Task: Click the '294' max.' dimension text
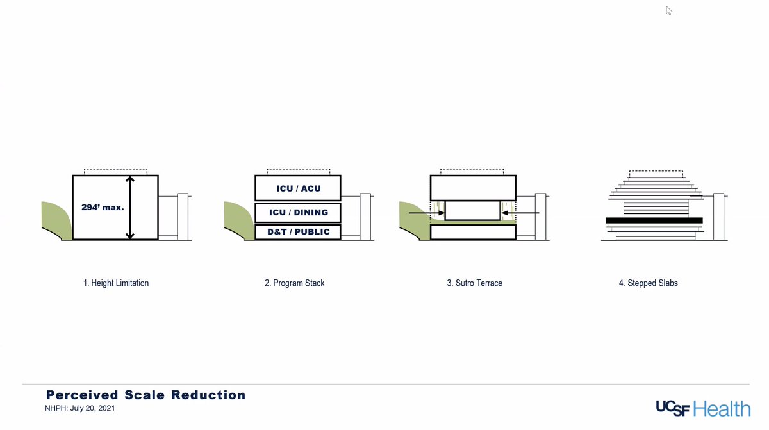(103, 208)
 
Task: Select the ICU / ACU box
(298, 188)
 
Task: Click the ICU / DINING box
(298, 212)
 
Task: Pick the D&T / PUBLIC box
(298, 232)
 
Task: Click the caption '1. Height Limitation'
(116, 283)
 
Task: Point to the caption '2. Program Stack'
(294, 283)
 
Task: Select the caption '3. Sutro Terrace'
(474, 283)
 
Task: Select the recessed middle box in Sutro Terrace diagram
(472, 211)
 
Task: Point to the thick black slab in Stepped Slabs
(654, 220)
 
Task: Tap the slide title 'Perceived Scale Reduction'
(145, 395)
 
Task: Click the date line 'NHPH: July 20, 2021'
(80, 408)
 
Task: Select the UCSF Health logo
(702, 408)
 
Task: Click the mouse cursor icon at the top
(669, 10)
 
